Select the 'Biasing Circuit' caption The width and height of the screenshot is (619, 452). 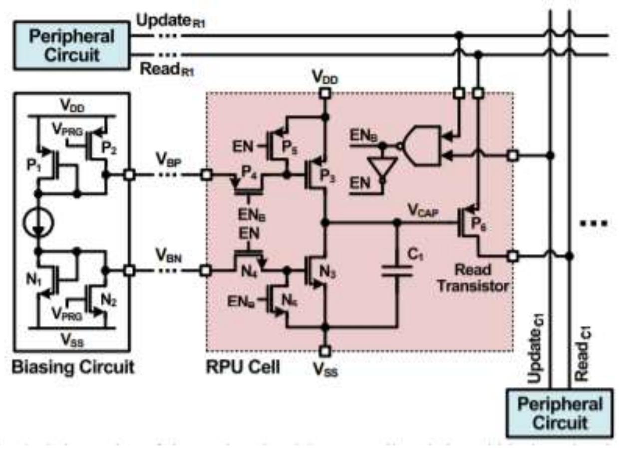tap(73, 367)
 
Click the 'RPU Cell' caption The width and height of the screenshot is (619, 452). tap(243, 367)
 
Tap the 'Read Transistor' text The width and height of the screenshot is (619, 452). tap(482, 278)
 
